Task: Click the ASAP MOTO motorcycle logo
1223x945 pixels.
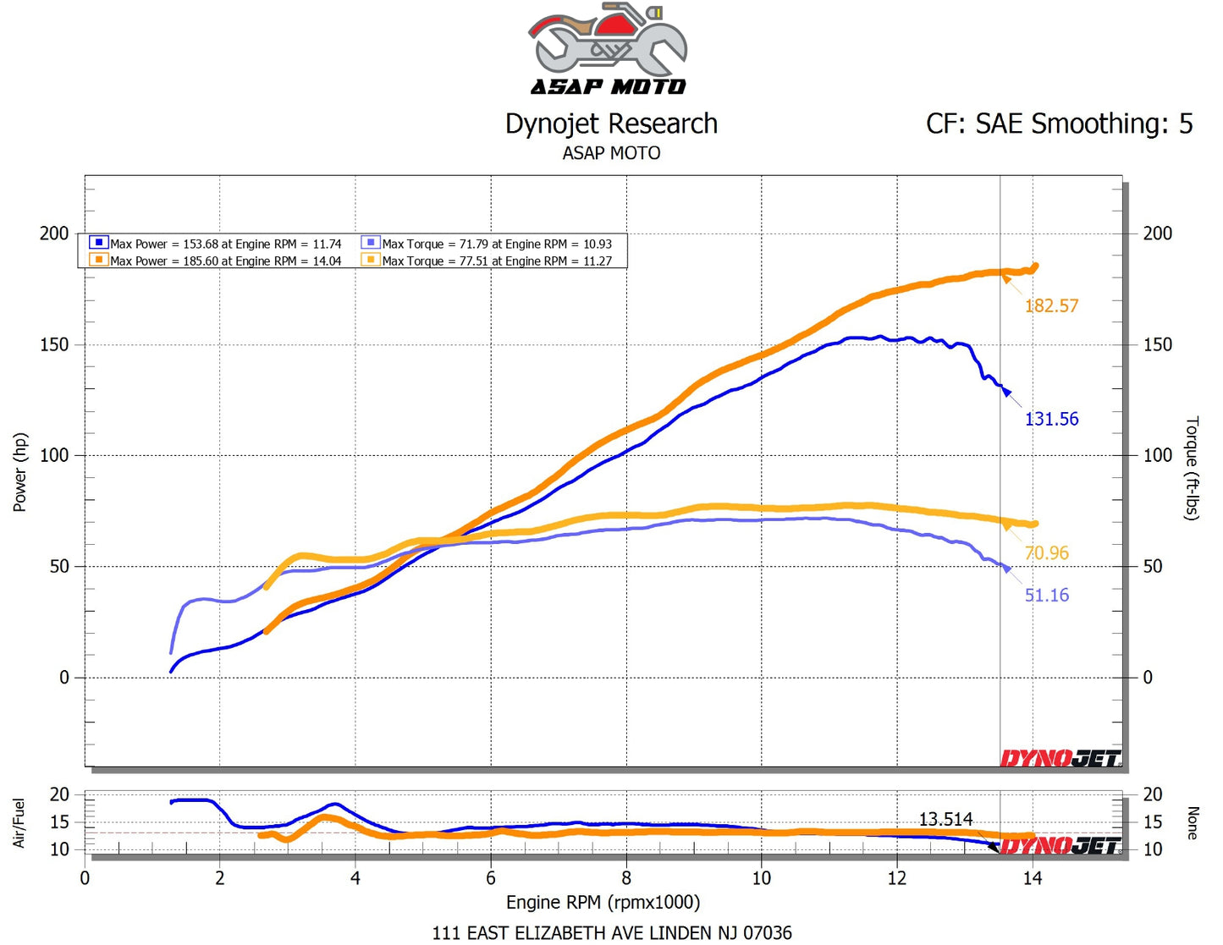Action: pos(609,48)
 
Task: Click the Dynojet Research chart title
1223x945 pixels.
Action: pos(611,124)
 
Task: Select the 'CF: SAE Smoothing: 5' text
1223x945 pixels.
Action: pos(1059,124)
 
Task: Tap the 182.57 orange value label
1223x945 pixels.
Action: pos(1051,306)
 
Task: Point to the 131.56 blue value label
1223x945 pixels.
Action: pos(1051,420)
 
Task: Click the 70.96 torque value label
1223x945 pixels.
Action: pos(1046,553)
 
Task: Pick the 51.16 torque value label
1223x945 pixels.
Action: pos(1046,596)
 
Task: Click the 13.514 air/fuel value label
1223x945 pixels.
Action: pos(945,820)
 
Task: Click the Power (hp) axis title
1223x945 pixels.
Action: pos(20,472)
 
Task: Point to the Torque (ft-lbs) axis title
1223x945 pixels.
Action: pos(1192,468)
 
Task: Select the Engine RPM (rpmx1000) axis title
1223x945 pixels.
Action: pos(603,903)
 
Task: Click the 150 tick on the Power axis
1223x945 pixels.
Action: pos(54,344)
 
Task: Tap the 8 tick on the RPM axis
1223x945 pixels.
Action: pos(626,878)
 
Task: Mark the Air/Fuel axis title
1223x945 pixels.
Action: pos(19,822)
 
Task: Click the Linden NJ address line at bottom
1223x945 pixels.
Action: pos(612,933)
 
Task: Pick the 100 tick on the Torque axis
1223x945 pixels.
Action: pos(1157,455)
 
